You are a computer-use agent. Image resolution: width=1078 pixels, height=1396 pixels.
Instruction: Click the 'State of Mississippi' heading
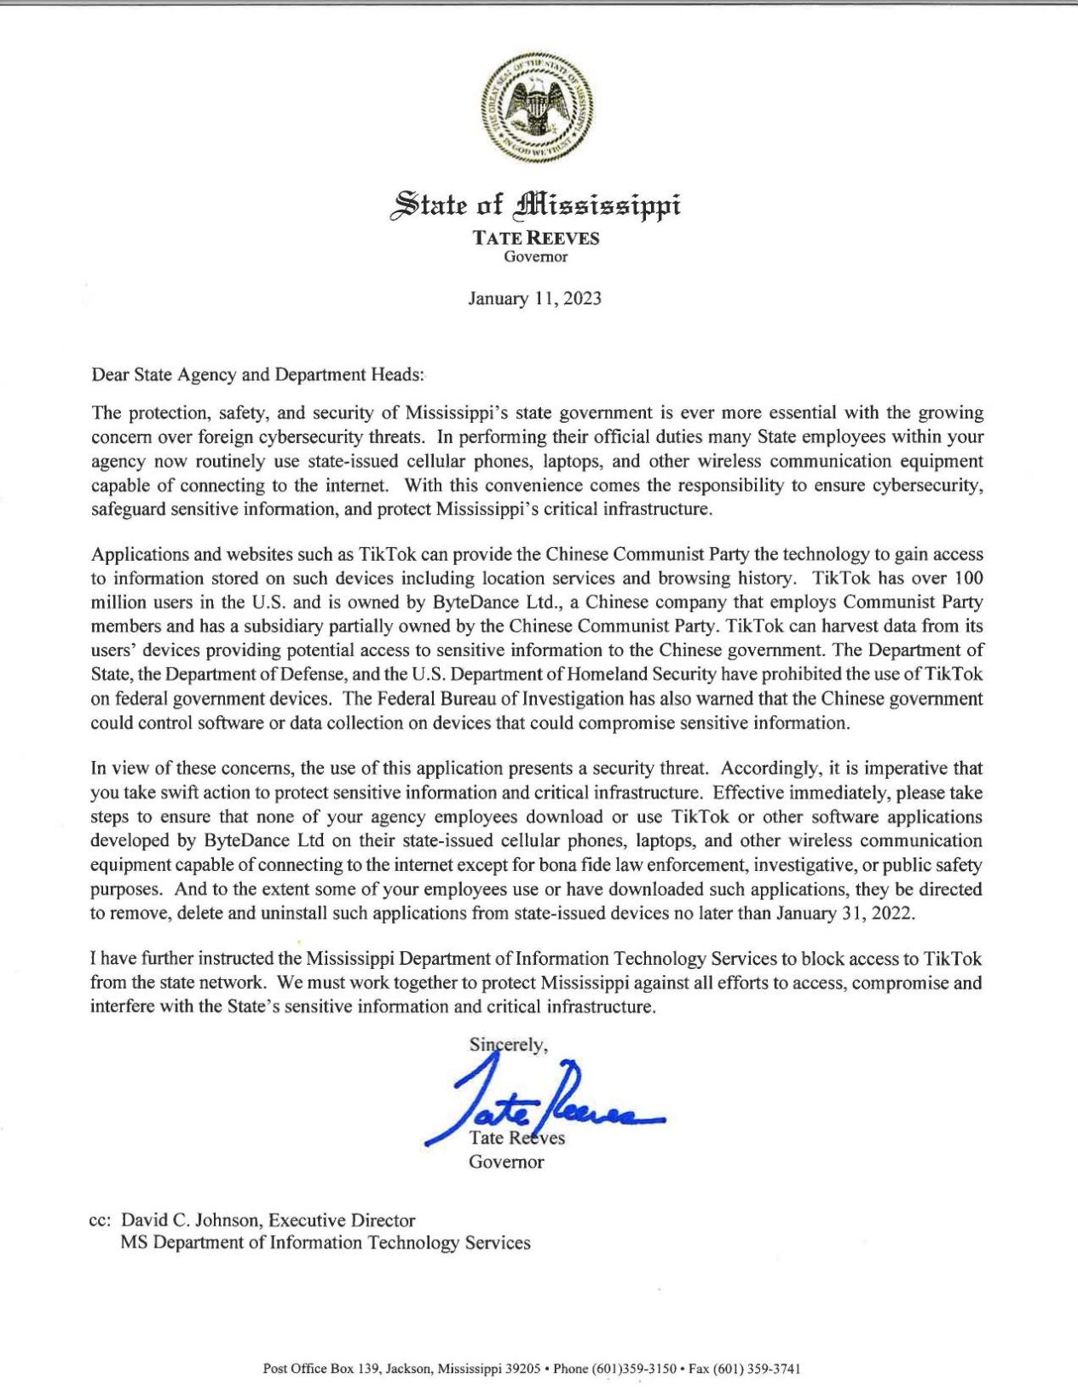click(535, 205)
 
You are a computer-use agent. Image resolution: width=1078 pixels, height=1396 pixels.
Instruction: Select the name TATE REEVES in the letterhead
click(537, 239)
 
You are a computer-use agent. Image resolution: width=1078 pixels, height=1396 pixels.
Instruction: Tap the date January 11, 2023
click(534, 298)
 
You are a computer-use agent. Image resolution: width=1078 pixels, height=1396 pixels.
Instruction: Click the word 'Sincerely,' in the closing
click(508, 1044)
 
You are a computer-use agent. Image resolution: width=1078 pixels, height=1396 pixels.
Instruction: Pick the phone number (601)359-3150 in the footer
click(634, 1369)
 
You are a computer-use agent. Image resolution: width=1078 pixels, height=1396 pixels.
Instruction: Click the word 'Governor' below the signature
click(506, 1162)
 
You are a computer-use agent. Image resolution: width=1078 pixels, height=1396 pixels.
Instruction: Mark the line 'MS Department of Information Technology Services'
click(325, 1243)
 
